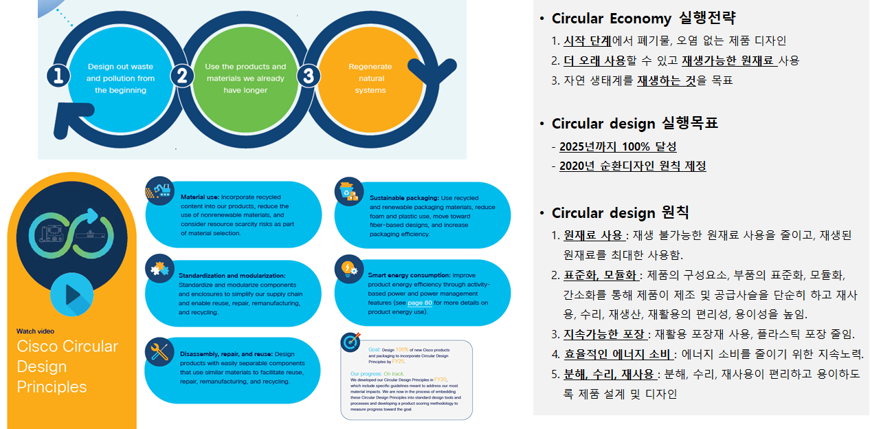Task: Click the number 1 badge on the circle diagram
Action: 58,76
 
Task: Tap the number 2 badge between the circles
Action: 181,76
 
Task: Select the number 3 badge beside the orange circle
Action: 309,76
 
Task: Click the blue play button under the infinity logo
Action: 71,294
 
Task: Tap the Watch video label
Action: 35,331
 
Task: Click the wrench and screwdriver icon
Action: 159,352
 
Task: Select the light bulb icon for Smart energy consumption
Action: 348,268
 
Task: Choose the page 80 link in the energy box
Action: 420,302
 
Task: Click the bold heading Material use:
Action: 199,197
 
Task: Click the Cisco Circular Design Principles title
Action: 67,366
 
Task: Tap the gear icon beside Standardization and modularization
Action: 159,268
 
